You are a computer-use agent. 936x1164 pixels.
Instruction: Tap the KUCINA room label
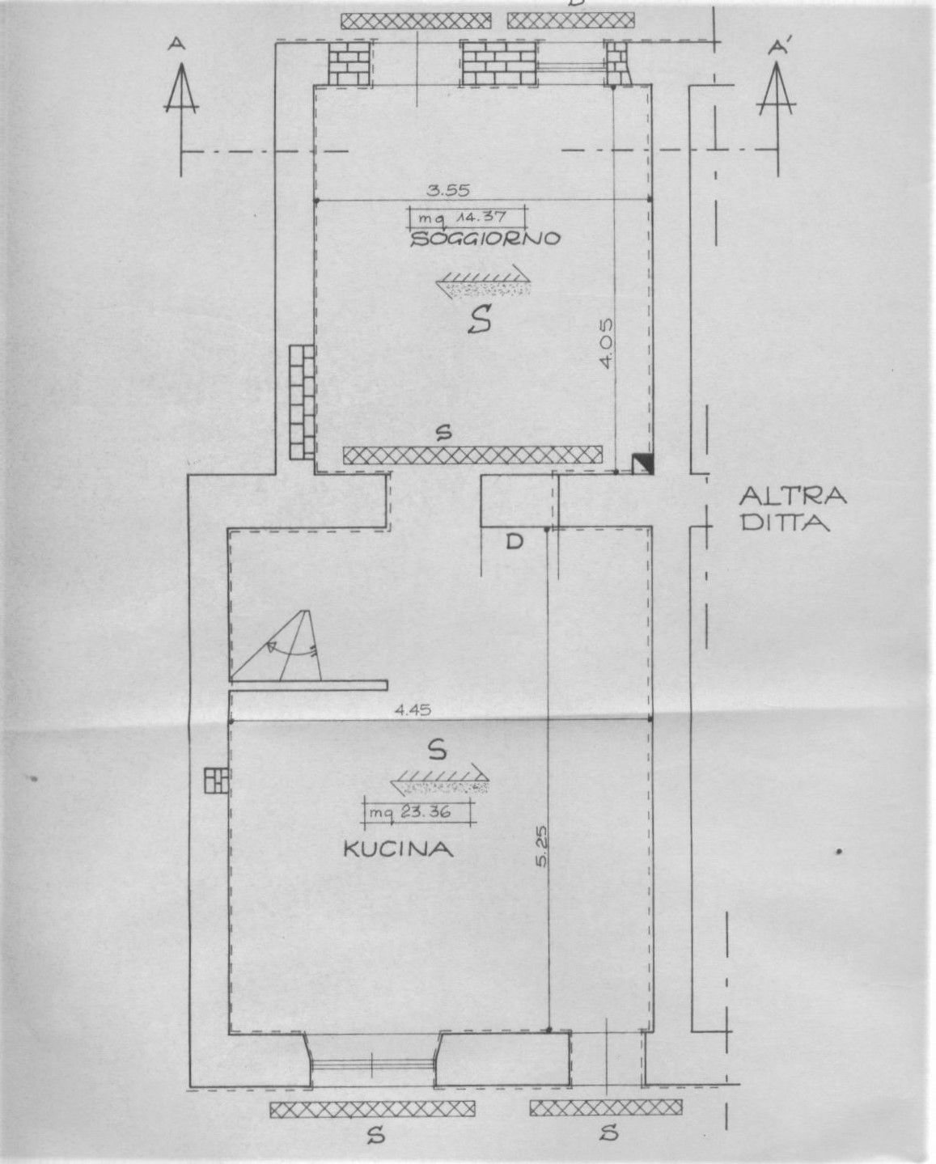(398, 849)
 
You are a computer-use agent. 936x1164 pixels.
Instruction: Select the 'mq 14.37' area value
(467, 218)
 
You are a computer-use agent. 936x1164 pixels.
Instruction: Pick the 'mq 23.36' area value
(417, 812)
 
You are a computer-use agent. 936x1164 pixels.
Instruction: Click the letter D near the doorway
(515, 541)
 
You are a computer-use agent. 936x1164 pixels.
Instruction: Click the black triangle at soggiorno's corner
(644, 463)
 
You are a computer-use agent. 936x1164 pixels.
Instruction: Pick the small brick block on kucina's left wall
(217, 781)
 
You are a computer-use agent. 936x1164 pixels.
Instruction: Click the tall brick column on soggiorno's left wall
(302, 402)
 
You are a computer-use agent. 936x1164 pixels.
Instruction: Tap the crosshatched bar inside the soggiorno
(473, 455)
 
